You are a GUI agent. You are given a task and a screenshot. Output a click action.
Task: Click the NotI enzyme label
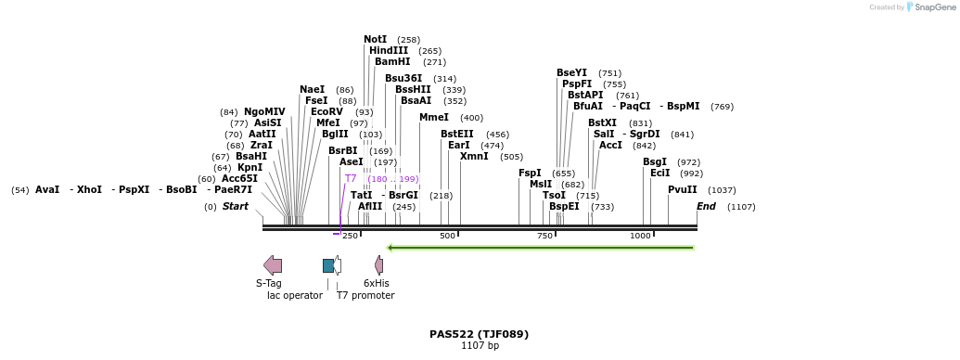(375, 40)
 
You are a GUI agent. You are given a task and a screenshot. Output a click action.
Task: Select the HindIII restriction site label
(388, 51)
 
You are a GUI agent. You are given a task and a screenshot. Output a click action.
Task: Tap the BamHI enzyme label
(391, 62)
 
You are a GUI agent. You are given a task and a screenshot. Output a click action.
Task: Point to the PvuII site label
(682, 189)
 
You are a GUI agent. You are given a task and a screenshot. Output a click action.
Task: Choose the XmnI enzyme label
(474, 157)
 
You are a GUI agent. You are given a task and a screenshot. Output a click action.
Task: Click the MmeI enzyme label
(433, 118)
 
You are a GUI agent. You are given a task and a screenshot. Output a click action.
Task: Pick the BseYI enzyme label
(571, 72)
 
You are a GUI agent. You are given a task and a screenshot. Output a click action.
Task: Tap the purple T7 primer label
(351, 178)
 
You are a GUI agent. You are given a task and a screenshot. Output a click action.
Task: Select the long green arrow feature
(541, 248)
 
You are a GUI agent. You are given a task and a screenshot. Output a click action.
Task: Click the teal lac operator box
(327, 265)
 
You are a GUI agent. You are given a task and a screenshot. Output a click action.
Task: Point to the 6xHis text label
(376, 283)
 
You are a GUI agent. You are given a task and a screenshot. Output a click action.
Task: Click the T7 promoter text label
(365, 296)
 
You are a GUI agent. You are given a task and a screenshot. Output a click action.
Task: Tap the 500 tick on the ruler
(448, 236)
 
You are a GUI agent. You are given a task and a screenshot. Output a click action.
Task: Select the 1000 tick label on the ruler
(640, 236)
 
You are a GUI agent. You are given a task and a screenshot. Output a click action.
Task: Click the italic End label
(706, 206)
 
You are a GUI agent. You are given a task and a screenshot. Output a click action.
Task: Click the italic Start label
(235, 206)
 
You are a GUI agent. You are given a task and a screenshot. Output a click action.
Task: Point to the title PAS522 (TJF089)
(479, 334)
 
